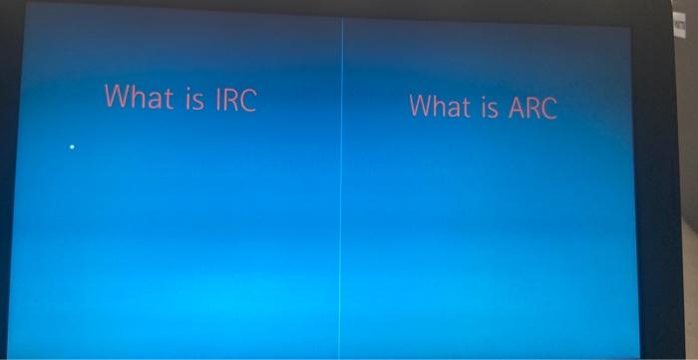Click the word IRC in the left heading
[234, 99]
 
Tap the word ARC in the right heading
[532, 107]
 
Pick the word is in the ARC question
[491, 106]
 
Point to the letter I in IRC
[216, 99]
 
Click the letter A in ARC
[517, 107]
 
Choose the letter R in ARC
[532, 107]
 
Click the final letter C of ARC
[547, 108]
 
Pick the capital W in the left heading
[118, 97]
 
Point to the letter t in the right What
[470, 106]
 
